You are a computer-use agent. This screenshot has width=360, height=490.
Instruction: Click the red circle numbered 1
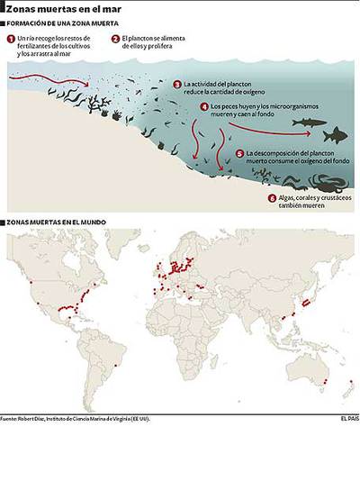10,39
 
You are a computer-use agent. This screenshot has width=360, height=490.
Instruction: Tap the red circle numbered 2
115,39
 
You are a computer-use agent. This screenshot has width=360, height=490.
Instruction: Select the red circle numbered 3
177,84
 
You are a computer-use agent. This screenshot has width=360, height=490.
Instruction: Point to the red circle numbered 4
204,106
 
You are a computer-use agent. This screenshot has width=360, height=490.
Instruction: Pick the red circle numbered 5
239,154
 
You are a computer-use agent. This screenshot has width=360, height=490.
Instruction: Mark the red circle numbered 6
271,198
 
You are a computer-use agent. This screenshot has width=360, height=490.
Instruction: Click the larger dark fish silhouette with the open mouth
335,135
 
